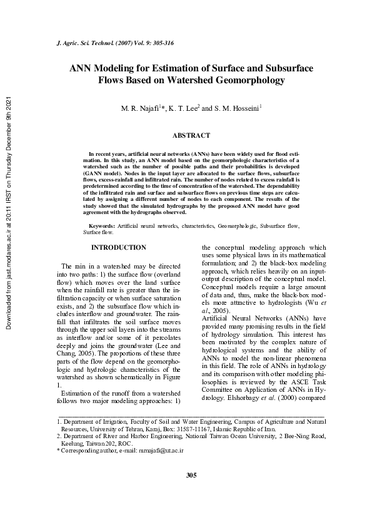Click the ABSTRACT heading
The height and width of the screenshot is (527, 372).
191,135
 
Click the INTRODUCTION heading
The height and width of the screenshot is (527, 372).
118,248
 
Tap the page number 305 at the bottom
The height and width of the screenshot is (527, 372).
191,476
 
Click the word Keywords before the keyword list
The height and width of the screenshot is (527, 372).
101,224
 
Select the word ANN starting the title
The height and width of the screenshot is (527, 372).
79,68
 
